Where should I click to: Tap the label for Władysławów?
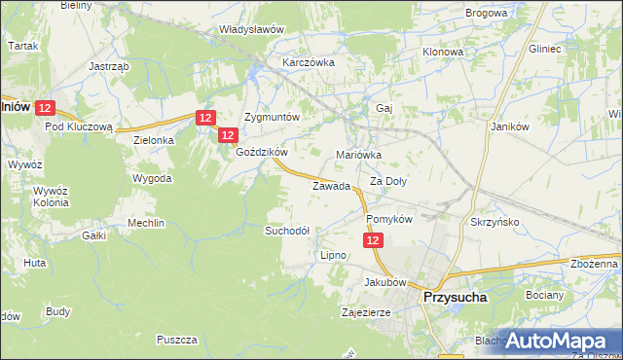tap(251, 29)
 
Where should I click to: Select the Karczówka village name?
tap(309, 61)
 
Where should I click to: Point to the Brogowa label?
tap(487, 13)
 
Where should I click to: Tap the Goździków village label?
tap(262, 153)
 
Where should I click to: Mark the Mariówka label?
tap(359, 155)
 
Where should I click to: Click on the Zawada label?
tap(331, 186)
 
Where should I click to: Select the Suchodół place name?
tap(288, 231)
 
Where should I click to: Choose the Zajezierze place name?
tap(366, 313)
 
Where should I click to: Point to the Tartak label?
tap(22, 46)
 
